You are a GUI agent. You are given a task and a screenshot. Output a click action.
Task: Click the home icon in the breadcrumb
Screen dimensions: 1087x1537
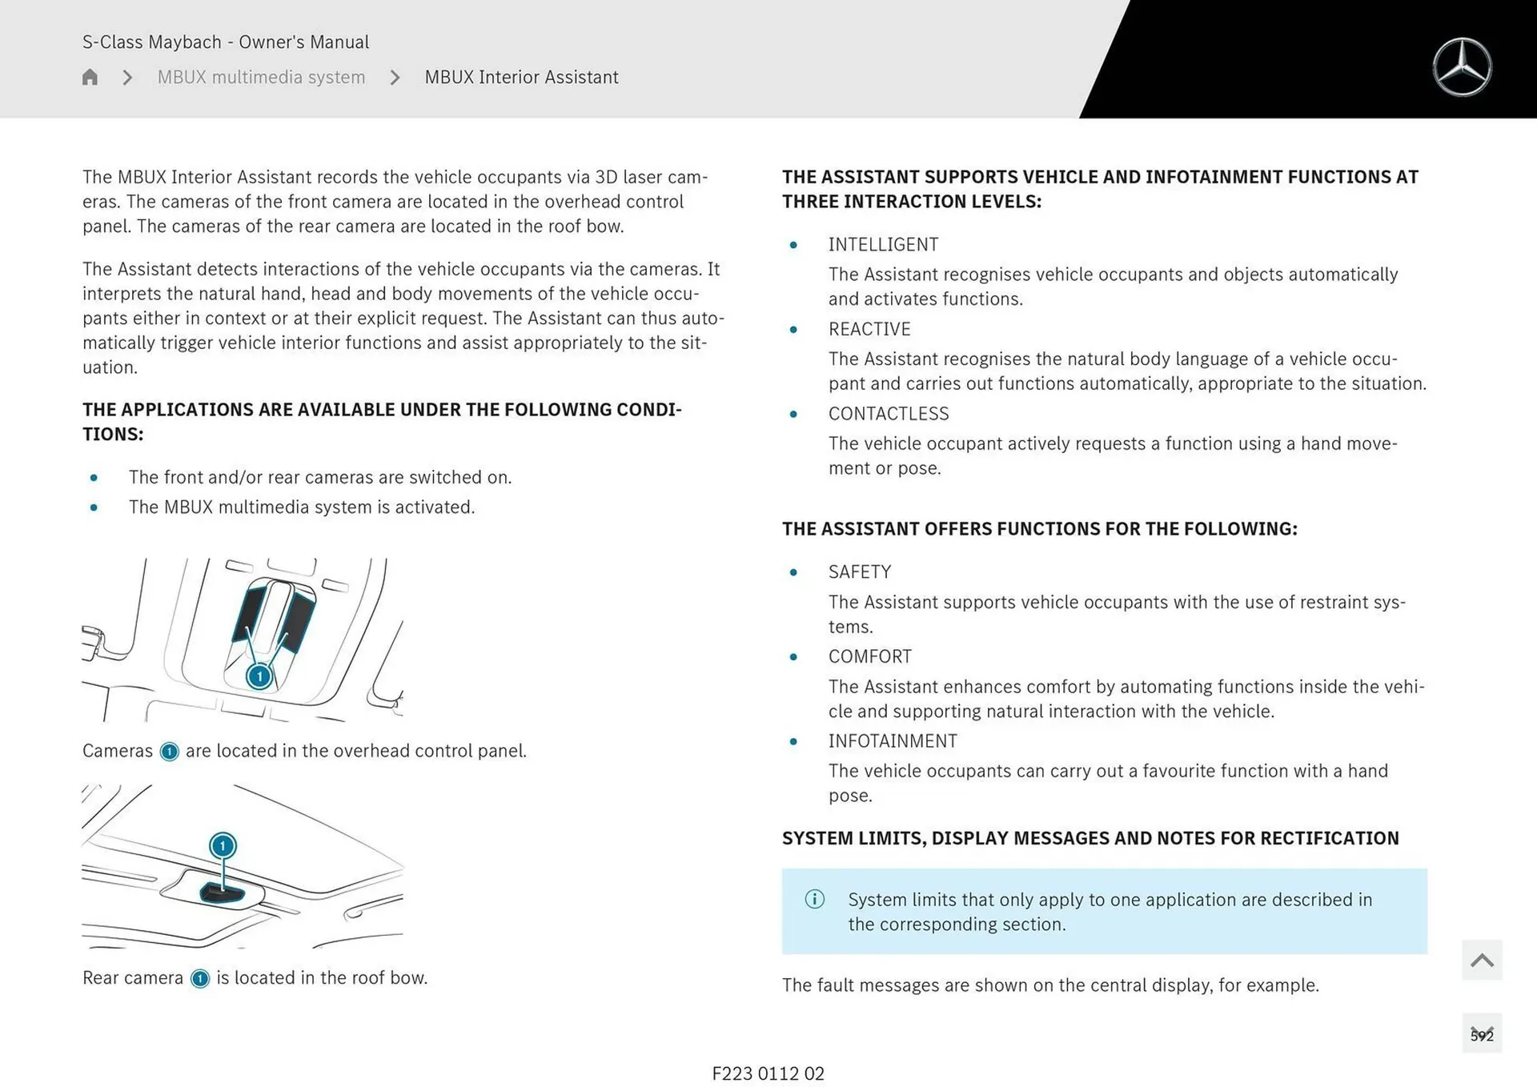click(90, 77)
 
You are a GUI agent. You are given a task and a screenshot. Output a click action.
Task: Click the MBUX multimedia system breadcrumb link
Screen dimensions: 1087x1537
click(261, 77)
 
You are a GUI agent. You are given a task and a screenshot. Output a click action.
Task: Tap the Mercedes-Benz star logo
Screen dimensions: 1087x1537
click(1462, 67)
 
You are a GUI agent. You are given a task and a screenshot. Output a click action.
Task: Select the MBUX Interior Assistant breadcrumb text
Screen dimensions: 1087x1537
click(521, 77)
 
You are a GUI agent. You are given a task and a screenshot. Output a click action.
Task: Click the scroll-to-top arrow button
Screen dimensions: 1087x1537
click(1482, 960)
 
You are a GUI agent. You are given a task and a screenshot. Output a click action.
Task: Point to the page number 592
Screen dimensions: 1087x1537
click(1482, 1035)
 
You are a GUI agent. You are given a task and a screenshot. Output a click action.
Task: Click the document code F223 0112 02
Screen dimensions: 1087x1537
click(768, 1073)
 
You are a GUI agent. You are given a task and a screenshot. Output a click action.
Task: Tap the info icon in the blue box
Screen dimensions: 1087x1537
click(814, 899)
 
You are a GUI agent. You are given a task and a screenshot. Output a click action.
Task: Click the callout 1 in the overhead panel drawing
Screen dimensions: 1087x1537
click(259, 676)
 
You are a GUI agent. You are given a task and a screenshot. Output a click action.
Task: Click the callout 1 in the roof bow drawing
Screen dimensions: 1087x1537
click(223, 845)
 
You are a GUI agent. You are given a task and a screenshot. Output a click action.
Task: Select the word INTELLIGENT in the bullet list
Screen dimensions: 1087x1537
click(883, 244)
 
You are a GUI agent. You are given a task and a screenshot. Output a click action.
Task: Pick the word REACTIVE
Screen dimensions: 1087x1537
click(869, 329)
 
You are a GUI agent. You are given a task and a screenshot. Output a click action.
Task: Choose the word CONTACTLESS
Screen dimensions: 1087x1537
click(889, 414)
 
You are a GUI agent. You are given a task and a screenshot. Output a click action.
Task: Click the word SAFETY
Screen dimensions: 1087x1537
click(859, 572)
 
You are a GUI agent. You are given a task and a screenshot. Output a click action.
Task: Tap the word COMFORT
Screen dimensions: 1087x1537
click(869, 656)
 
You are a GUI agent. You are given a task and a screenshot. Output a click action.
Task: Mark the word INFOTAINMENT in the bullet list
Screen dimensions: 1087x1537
click(893, 741)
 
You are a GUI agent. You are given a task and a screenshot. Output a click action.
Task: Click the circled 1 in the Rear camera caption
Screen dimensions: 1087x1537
click(200, 978)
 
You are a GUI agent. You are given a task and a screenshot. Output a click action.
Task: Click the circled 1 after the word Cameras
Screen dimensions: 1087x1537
click(169, 752)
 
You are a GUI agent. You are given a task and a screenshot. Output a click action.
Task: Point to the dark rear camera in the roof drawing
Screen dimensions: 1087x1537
click(223, 893)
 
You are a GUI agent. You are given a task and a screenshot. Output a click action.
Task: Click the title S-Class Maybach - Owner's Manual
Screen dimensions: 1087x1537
click(226, 42)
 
